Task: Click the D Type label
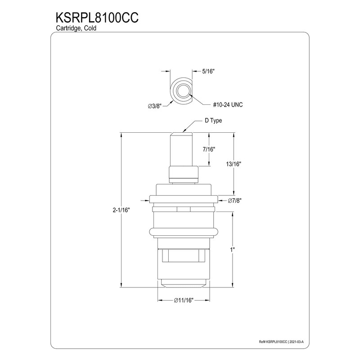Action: [x=213, y=121]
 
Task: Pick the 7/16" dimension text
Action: [x=208, y=149]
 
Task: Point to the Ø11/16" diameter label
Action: [x=183, y=301]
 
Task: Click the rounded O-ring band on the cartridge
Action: [x=183, y=232]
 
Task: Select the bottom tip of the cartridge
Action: [x=183, y=283]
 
